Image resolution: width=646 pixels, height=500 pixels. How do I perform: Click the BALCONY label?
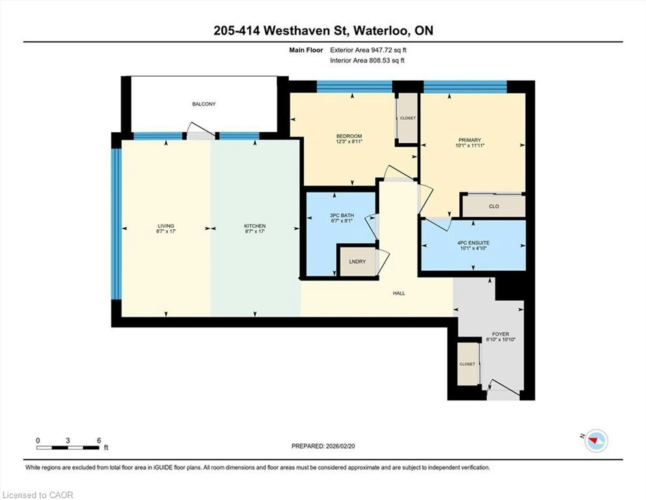(x=204, y=104)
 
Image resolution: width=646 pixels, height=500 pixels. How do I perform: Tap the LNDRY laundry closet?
(x=357, y=261)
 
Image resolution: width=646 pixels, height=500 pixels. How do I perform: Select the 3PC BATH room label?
(x=342, y=215)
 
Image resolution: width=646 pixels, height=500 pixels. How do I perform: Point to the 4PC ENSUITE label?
(x=474, y=243)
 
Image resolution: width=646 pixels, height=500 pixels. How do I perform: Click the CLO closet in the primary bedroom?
(x=494, y=206)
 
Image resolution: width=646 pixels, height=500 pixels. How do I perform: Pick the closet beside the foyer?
(x=468, y=364)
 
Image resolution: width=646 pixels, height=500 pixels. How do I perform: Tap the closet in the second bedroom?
(x=407, y=118)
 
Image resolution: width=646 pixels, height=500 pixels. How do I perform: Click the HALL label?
(x=399, y=294)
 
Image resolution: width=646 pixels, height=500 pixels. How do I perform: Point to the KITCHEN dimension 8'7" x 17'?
(x=254, y=232)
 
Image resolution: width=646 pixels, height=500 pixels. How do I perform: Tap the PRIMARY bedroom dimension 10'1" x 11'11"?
(x=470, y=145)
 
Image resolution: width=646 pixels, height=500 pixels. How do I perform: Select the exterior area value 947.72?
(x=383, y=50)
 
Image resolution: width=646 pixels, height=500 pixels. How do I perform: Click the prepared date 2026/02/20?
(x=340, y=446)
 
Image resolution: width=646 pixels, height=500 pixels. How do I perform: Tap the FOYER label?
(x=500, y=334)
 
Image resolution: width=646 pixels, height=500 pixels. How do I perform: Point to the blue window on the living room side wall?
(x=116, y=223)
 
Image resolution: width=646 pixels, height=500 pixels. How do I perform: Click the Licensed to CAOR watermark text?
(x=38, y=495)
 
